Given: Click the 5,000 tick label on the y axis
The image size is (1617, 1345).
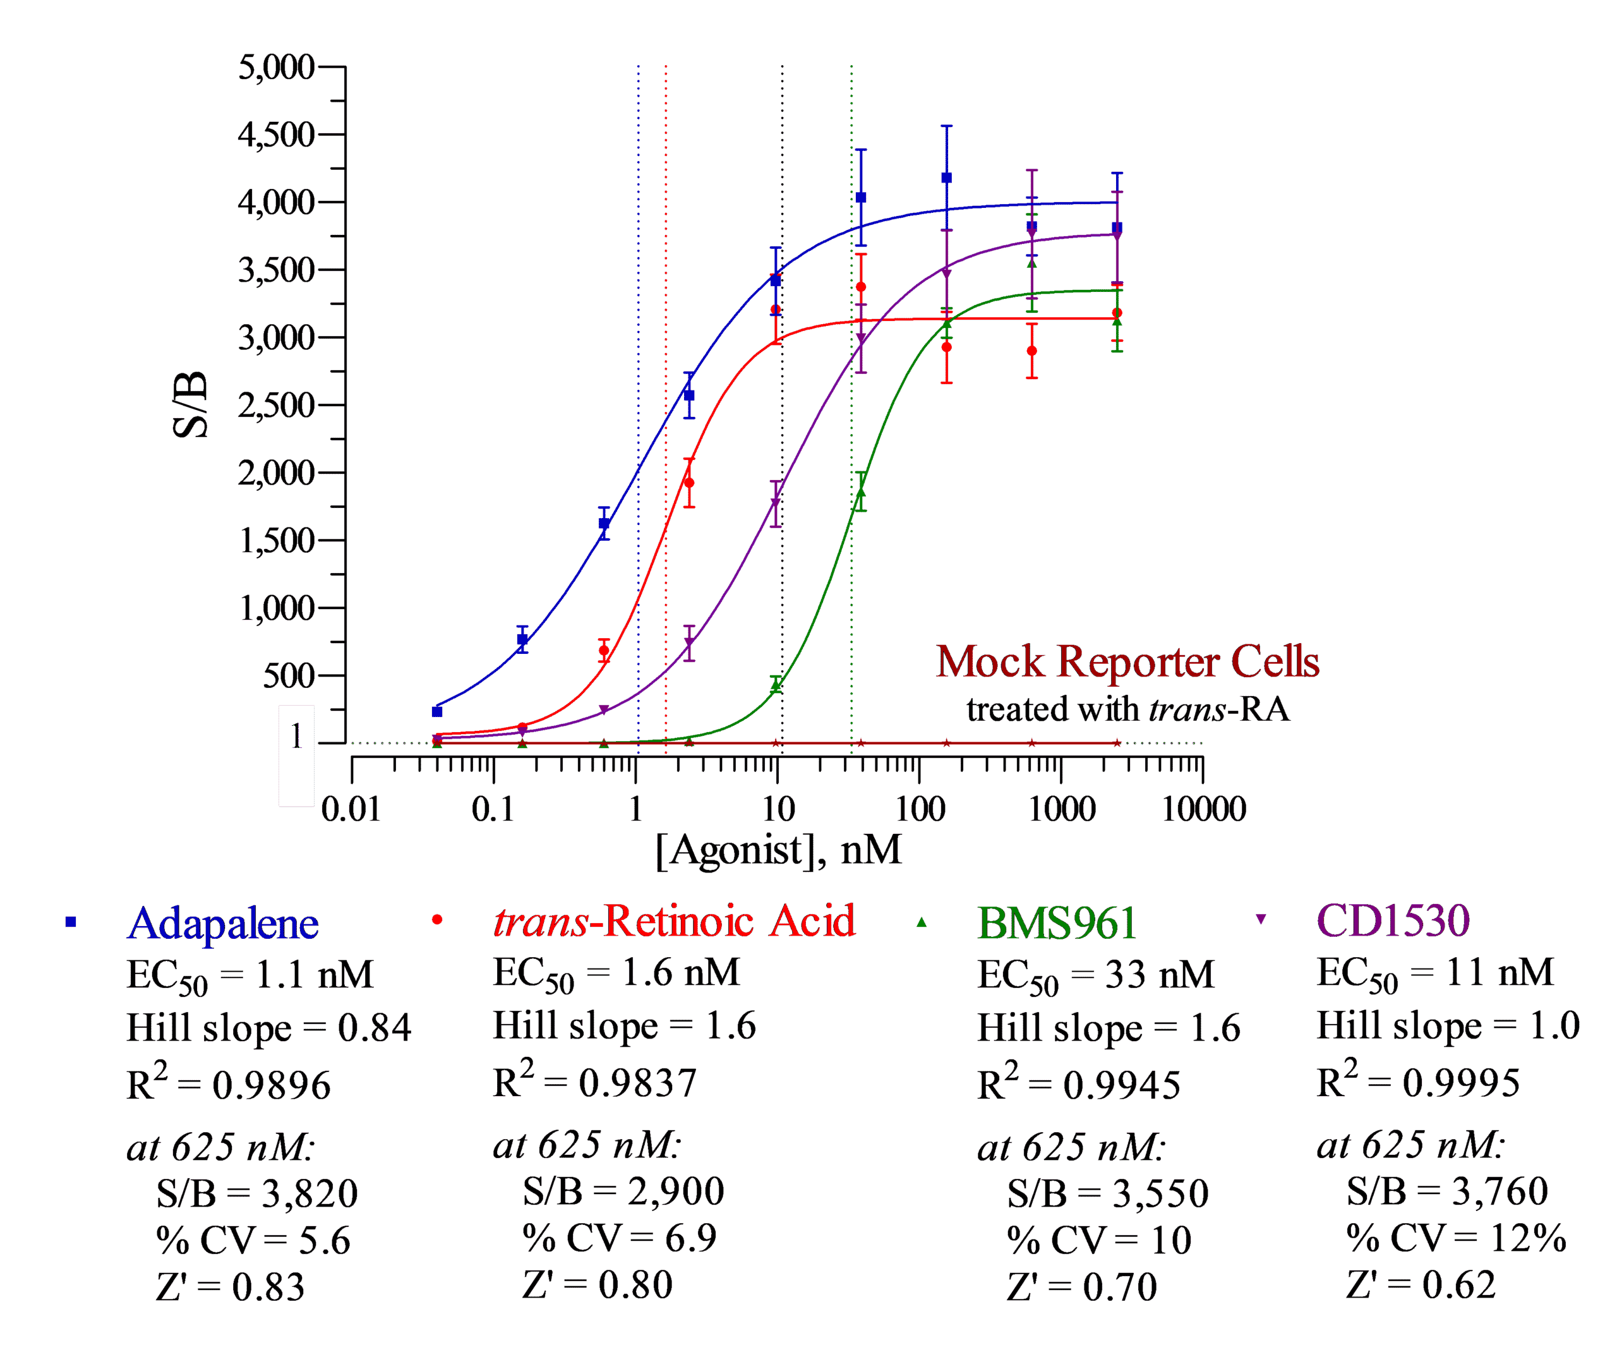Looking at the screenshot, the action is tap(275, 67).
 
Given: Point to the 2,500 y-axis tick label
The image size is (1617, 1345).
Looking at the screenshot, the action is tap(275, 405).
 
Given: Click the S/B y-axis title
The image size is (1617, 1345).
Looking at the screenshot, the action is tap(190, 404).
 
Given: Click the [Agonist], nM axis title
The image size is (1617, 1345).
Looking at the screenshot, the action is tap(778, 850).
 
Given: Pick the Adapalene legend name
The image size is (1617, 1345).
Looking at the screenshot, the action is tap(222, 923).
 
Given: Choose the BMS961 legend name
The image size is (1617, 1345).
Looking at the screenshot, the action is tap(1057, 923).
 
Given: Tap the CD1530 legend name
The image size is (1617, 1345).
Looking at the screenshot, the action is tap(1393, 920).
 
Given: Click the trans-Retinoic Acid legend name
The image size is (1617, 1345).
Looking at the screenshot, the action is tap(674, 920).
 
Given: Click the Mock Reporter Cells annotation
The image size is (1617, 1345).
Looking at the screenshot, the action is tap(1127, 661).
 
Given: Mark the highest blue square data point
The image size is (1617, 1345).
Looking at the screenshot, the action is tap(947, 178).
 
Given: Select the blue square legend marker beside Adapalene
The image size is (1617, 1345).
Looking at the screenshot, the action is tap(71, 922).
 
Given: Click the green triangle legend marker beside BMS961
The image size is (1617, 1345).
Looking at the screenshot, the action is tap(922, 922).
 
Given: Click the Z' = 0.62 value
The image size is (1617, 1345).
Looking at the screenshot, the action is tap(1421, 1285).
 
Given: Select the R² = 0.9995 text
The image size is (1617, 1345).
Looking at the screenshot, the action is tap(1418, 1080).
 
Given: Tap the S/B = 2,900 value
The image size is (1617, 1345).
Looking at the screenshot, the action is tap(623, 1191).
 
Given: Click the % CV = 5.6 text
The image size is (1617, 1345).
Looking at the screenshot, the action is tap(253, 1241).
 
